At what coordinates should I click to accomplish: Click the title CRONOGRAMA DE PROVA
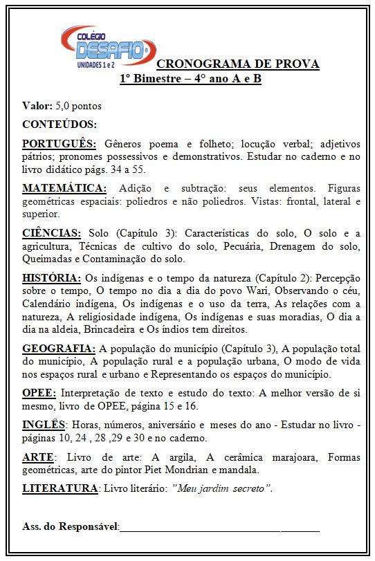click(x=238, y=64)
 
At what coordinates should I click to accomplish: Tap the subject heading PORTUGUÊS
click(x=60, y=144)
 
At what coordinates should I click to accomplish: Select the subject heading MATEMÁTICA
click(x=64, y=188)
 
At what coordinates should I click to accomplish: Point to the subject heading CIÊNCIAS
click(x=52, y=233)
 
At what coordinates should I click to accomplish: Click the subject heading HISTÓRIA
click(x=52, y=278)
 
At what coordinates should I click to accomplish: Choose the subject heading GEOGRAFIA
click(x=59, y=348)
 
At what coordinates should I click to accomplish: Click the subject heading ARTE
click(x=37, y=457)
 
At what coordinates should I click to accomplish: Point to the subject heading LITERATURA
click(x=60, y=488)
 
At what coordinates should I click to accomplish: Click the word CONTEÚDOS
click(x=60, y=125)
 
